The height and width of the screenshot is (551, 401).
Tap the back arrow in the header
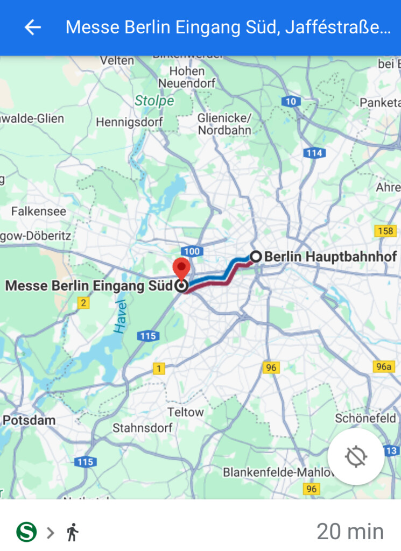[x=33, y=27]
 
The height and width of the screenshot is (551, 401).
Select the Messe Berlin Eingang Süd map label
[x=89, y=285]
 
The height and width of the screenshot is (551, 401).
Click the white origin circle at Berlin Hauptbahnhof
[x=256, y=257]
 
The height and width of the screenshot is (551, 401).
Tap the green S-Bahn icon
[x=26, y=532]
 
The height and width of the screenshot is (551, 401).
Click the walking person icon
[x=73, y=532]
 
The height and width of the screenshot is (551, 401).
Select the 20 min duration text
[x=350, y=532]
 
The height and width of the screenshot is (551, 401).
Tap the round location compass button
[x=356, y=457]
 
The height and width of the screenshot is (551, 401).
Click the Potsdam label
[x=29, y=420]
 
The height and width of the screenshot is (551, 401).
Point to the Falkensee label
[x=39, y=211]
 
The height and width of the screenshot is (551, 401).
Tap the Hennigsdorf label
[x=129, y=122]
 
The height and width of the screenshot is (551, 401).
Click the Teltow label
[x=186, y=412]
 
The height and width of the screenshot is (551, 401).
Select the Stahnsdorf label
[x=142, y=428]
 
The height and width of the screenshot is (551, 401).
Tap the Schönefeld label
[x=365, y=418]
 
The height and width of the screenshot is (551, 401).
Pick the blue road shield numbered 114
[x=313, y=153]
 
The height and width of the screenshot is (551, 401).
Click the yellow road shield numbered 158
[x=385, y=231]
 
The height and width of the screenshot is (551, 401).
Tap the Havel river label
[x=121, y=316]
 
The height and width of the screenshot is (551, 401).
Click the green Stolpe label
[x=154, y=101]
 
